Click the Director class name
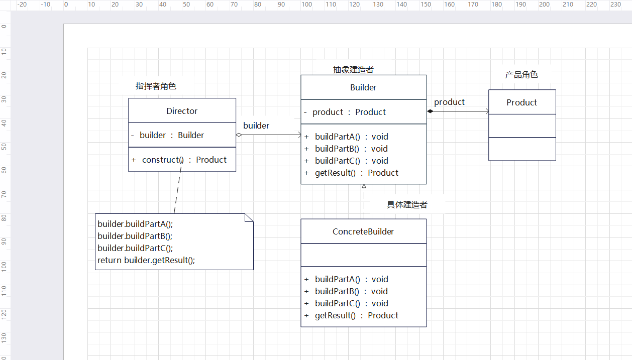click(182, 111)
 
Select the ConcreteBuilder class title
click(363, 231)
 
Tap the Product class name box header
click(521, 102)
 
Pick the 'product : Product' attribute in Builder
click(349, 112)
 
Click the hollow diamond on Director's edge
click(239, 135)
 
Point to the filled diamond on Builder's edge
click(430, 111)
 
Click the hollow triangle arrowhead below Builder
click(364, 186)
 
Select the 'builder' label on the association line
click(256, 126)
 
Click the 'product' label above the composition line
click(449, 102)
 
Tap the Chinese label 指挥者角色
click(156, 86)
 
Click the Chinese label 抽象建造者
click(353, 70)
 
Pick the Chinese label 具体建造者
click(407, 205)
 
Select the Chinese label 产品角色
click(521, 75)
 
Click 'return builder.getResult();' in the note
click(146, 260)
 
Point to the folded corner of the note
click(249, 217)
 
